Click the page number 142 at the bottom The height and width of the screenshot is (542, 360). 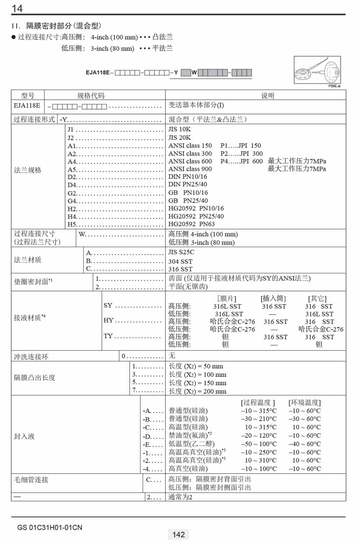(x=179, y=534)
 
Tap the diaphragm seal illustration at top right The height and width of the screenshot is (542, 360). (x=317, y=70)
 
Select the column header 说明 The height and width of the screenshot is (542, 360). (x=267, y=95)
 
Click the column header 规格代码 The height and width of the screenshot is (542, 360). (x=91, y=95)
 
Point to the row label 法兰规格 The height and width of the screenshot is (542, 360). (x=28, y=170)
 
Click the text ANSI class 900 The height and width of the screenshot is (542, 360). (x=190, y=169)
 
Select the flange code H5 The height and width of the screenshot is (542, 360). (x=72, y=224)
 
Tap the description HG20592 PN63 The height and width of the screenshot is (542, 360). (x=192, y=224)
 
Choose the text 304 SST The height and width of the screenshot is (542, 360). (x=180, y=261)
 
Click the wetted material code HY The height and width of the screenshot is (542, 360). (x=108, y=320)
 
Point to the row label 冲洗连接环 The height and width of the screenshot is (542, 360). (x=31, y=357)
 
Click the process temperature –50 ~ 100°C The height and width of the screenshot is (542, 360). (x=259, y=444)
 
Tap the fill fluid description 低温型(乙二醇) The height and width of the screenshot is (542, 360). (x=192, y=444)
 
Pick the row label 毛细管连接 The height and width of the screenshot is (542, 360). (x=31, y=480)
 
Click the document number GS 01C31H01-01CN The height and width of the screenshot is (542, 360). (x=50, y=528)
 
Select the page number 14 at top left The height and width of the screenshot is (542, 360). (x=17, y=8)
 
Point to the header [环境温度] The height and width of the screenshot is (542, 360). (x=305, y=402)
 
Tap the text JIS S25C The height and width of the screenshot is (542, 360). (x=181, y=252)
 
